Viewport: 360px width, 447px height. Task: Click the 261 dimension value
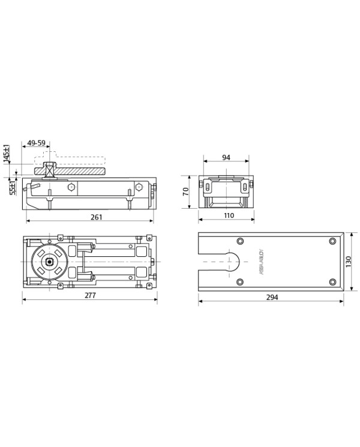(x=96, y=217)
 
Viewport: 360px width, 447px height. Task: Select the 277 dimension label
(x=91, y=295)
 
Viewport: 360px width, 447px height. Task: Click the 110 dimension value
(x=229, y=215)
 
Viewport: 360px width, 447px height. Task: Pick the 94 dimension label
(x=226, y=158)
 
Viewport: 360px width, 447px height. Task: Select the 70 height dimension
(x=186, y=191)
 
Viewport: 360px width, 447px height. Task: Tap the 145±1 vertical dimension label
(x=7, y=154)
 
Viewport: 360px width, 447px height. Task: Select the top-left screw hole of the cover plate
(x=240, y=241)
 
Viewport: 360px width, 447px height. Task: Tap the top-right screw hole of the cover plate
(x=332, y=241)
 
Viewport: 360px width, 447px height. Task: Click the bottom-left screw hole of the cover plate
(x=240, y=282)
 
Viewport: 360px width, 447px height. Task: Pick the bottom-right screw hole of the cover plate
(x=332, y=282)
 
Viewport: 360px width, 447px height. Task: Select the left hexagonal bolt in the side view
(x=72, y=187)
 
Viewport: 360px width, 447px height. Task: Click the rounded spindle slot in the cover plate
(x=234, y=262)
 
